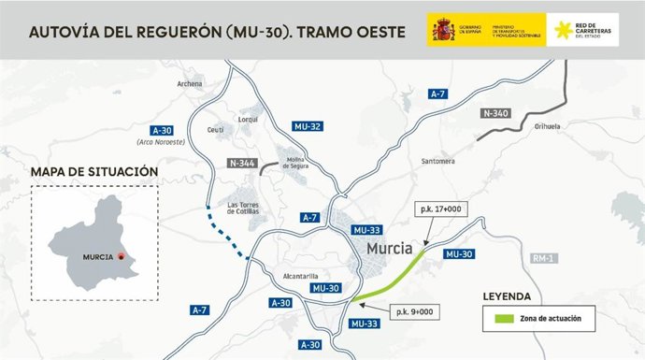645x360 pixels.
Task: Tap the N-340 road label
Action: [x=497, y=112]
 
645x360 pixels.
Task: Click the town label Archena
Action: [x=190, y=83]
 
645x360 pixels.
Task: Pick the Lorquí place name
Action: [x=248, y=121]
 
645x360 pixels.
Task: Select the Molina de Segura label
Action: [x=297, y=162]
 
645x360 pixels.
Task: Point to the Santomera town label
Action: [x=437, y=160]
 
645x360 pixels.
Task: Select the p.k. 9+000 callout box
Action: [x=414, y=310]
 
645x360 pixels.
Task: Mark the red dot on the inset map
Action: [x=121, y=256]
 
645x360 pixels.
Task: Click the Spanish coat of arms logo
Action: [x=442, y=31]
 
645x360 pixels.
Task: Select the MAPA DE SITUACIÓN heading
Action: [x=93, y=172]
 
